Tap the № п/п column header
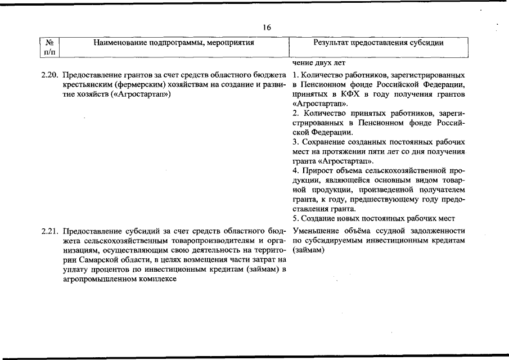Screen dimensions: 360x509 coord(49,47)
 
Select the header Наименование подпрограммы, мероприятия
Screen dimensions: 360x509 coord(174,42)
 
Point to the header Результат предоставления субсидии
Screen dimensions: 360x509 coord(378,42)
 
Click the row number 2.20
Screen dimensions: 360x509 coord(50,75)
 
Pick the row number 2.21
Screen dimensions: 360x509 coord(50,231)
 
